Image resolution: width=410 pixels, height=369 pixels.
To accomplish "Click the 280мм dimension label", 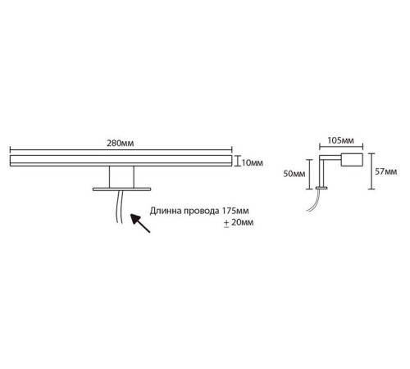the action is (121, 143).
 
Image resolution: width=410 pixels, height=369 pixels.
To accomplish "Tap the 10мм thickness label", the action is (253, 163).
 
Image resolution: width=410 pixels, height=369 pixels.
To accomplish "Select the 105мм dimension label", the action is (341, 140).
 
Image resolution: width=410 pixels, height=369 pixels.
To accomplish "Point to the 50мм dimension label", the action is (294, 174).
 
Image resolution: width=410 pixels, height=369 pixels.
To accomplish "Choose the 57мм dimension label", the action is (386, 171).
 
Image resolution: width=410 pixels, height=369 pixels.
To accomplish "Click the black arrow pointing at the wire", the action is (140, 223).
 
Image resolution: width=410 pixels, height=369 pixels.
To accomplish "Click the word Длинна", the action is (166, 211).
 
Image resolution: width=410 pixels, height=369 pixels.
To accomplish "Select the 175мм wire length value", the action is (235, 211).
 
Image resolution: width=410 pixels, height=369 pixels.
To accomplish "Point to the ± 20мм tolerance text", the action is (239, 222).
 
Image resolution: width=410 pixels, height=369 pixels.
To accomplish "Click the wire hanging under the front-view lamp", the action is (119, 207).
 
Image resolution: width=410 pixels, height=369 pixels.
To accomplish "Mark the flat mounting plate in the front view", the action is (121, 189).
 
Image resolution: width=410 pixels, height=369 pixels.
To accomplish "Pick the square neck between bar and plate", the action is (121, 177).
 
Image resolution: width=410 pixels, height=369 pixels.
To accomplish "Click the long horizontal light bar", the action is (121, 161).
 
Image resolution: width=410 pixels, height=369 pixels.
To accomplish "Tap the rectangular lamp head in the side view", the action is (352, 160).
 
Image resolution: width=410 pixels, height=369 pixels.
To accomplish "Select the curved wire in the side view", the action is (314, 202).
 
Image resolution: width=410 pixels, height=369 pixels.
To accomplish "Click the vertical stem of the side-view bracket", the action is (321, 173).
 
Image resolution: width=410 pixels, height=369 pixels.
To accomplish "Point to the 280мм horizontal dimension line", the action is (121, 150).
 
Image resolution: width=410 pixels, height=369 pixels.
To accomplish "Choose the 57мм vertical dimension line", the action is (371, 171).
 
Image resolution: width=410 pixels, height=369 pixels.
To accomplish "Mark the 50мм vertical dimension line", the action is (309, 174).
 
